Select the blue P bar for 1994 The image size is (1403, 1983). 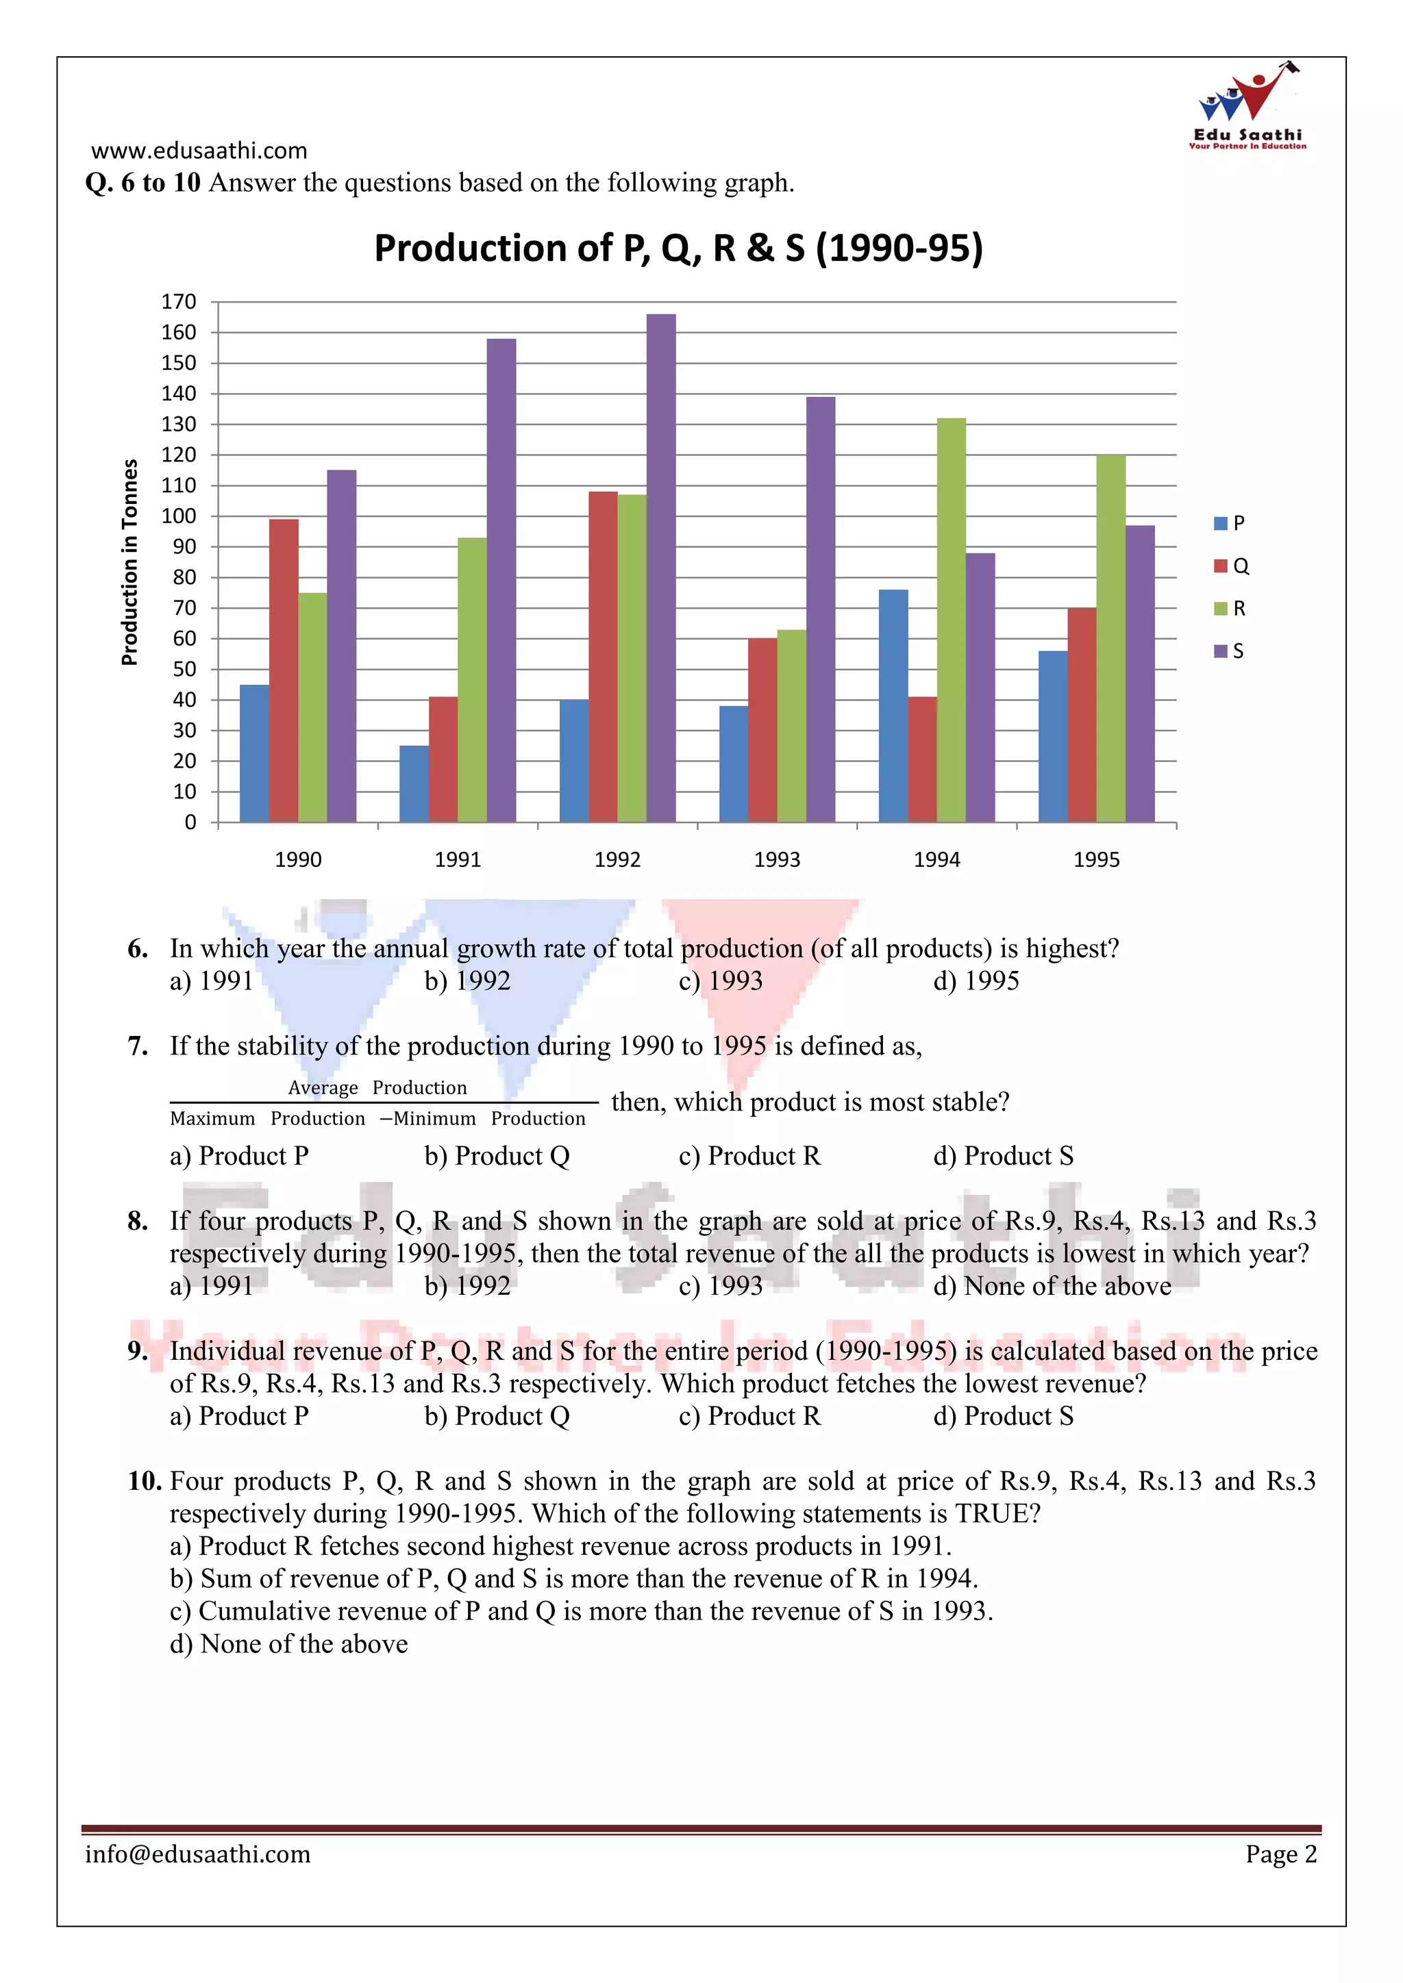(893, 706)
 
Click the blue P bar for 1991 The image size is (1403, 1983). (414, 783)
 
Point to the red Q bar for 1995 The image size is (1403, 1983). (1082, 715)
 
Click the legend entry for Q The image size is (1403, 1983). (1232, 566)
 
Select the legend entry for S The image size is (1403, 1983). (1230, 651)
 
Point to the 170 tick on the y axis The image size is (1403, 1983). (179, 301)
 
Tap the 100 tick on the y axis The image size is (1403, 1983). (179, 516)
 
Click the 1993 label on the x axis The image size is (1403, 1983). (777, 859)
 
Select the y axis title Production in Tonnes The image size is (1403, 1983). (129, 562)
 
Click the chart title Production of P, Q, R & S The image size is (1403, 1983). (678, 248)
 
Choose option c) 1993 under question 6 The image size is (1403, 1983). (721, 981)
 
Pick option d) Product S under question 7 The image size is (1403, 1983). (1003, 1156)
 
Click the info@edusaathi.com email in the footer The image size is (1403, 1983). (198, 1854)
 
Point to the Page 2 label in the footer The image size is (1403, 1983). (1280, 1854)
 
